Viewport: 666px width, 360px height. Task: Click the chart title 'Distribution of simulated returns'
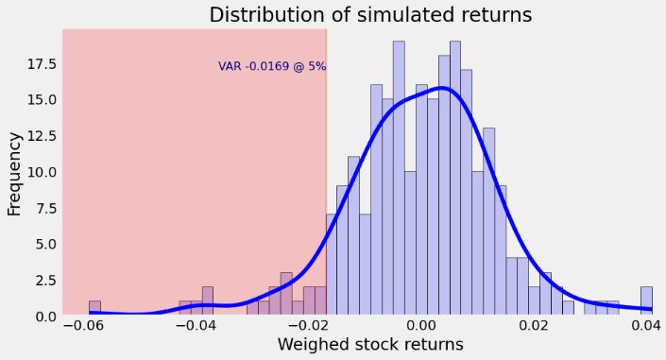[x=370, y=15]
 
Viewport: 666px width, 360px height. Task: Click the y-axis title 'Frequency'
[x=15, y=174]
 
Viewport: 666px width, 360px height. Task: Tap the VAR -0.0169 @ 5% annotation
[x=272, y=67]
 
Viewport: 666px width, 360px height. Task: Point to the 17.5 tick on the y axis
[x=42, y=64]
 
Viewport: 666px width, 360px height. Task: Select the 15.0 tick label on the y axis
[x=42, y=100]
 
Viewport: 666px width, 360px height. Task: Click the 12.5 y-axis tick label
[x=42, y=136]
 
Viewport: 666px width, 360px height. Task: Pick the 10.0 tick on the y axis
[x=42, y=172]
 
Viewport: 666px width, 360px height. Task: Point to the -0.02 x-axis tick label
[x=309, y=326]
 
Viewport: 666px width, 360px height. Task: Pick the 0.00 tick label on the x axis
[x=421, y=326]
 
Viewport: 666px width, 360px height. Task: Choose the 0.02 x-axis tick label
[x=534, y=326]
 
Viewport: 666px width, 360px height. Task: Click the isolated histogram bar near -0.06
[x=94, y=308]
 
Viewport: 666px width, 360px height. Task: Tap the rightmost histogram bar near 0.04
[x=646, y=300]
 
